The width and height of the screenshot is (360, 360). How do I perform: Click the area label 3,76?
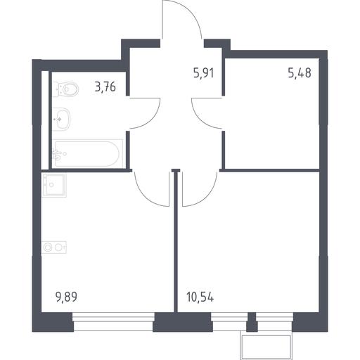coord(105,86)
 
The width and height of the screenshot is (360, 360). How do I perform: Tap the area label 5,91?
coord(204,73)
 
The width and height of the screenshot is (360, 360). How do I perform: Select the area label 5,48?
coord(300,73)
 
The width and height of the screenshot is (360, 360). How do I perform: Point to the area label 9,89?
coord(66,297)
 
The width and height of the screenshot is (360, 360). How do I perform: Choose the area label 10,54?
coord(200,297)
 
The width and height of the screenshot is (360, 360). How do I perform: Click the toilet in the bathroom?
coord(65,89)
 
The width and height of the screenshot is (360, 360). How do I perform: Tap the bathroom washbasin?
coord(61,120)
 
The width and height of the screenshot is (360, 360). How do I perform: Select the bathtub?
coord(87,154)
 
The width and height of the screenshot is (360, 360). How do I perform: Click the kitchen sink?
coord(53,185)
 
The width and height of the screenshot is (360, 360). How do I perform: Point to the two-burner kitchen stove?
coord(54,247)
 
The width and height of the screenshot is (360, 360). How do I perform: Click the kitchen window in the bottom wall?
coord(113,321)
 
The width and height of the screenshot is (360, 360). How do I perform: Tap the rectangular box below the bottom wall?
coord(266,346)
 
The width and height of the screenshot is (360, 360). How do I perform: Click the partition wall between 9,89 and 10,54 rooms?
coord(176,241)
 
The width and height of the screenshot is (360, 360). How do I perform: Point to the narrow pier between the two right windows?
coord(252,322)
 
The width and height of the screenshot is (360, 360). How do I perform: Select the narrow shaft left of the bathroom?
coord(45,120)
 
